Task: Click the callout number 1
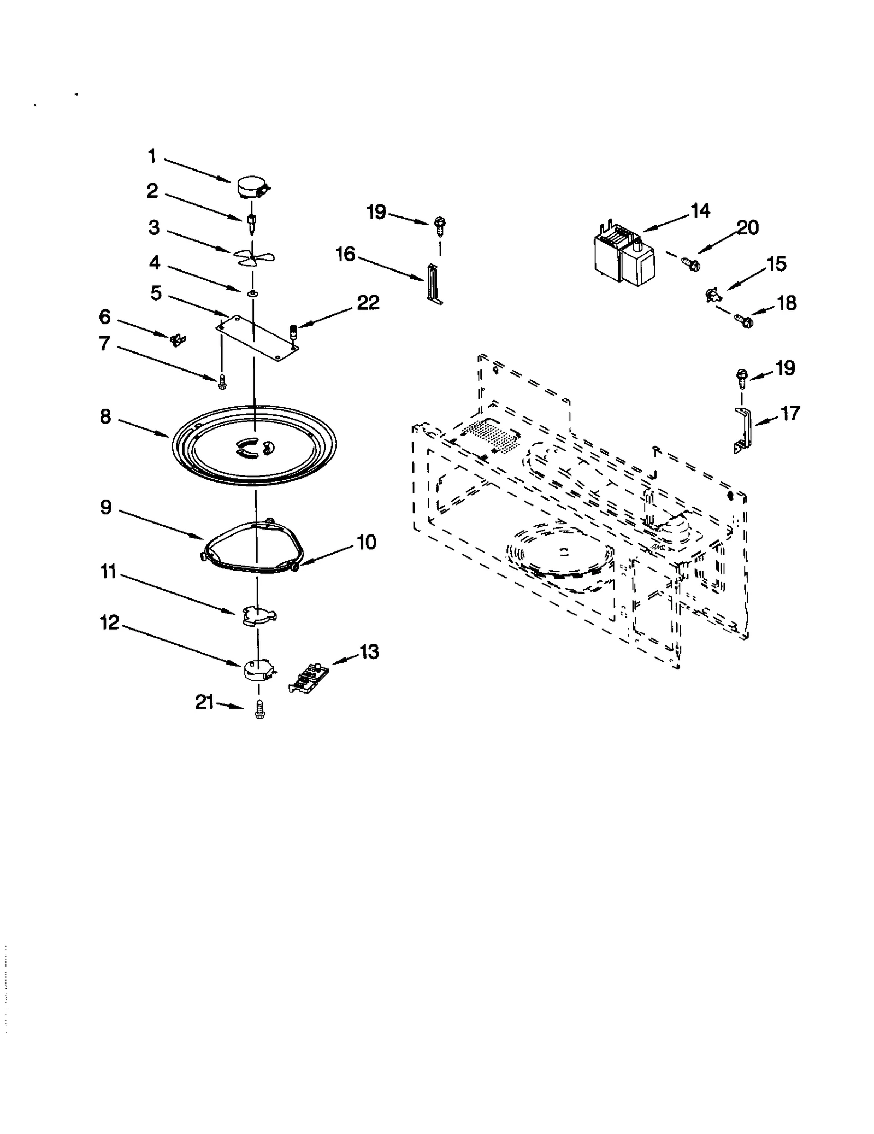(x=152, y=157)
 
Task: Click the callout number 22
(x=368, y=302)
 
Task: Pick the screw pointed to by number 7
(x=222, y=381)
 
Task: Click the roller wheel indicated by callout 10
(x=295, y=567)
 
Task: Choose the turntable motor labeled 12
(x=258, y=671)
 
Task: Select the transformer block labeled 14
(x=623, y=255)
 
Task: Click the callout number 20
(x=747, y=227)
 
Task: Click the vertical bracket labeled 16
(x=434, y=283)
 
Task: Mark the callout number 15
(x=776, y=264)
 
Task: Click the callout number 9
(x=106, y=507)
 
